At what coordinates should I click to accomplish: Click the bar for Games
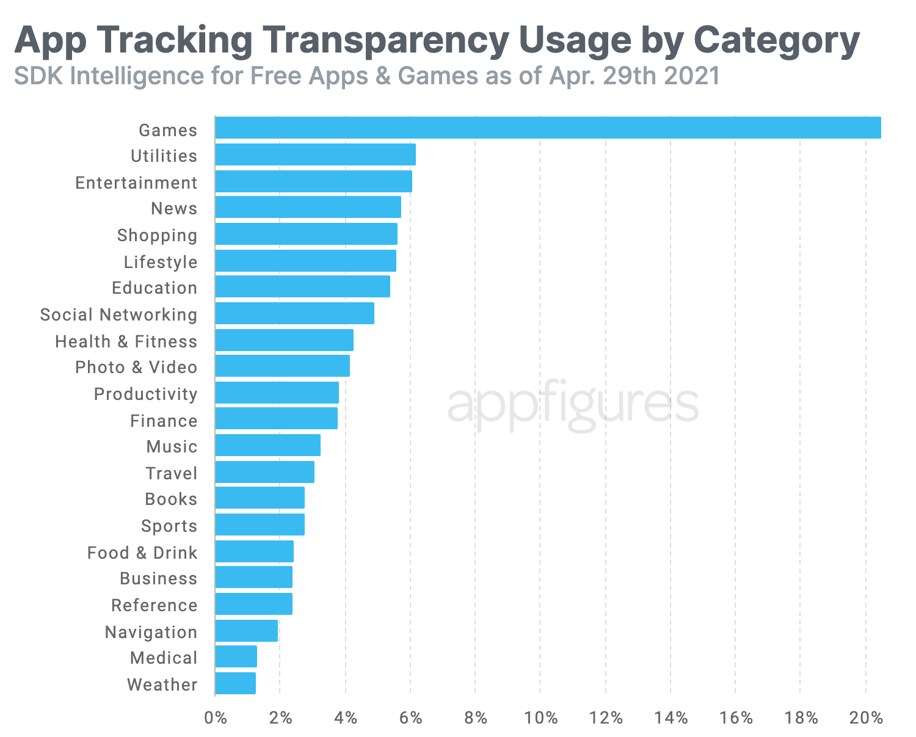pyautogui.click(x=548, y=128)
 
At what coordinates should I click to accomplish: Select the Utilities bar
pyautogui.click(x=315, y=154)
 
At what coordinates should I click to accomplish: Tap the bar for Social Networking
pyautogui.click(x=294, y=313)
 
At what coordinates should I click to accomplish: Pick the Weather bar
pyautogui.click(x=235, y=683)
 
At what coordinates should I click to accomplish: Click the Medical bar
pyautogui.click(x=236, y=656)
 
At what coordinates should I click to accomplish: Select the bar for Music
pyautogui.click(x=267, y=445)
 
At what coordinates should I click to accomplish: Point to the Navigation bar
pyautogui.click(x=246, y=631)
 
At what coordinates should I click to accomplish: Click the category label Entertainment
pyautogui.click(x=136, y=183)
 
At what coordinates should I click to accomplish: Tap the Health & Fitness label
pyautogui.click(x=126, y=341)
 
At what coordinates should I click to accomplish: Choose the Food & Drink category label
pyautogui.click(x=142, y=553)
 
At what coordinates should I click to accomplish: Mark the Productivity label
pyautogui.click(x=145, y=394)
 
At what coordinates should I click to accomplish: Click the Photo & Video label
pyautogui.click(x=136, y=367)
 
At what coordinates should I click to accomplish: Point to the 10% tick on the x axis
pyautogui.click(x=541, y=718)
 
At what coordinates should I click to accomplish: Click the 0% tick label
pyautogui.click(x=215, y=718)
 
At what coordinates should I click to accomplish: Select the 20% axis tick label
pyautogui.click(x=866, y=718)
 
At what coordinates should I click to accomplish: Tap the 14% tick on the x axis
pyautogui.click(x=671, y=718)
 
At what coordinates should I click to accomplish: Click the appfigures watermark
pyautogui.click(x=573, y=404)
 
